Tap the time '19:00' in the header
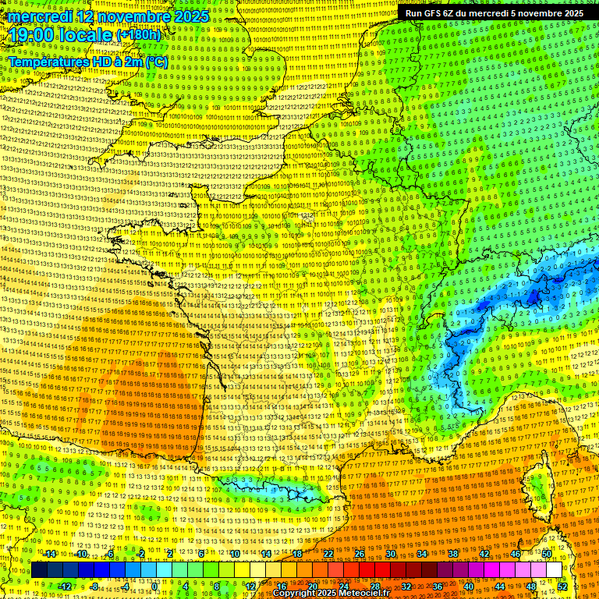point(31,35)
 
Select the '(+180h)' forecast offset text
point(138,35)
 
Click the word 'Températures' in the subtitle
point(48,62)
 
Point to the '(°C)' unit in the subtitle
point(157,62)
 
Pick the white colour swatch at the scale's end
point(554,570)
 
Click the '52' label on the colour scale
point(562,586)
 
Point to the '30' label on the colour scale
point(390,554)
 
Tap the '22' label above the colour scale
point(328,554)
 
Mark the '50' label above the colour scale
point(547,554)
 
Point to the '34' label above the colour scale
point(422,554)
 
